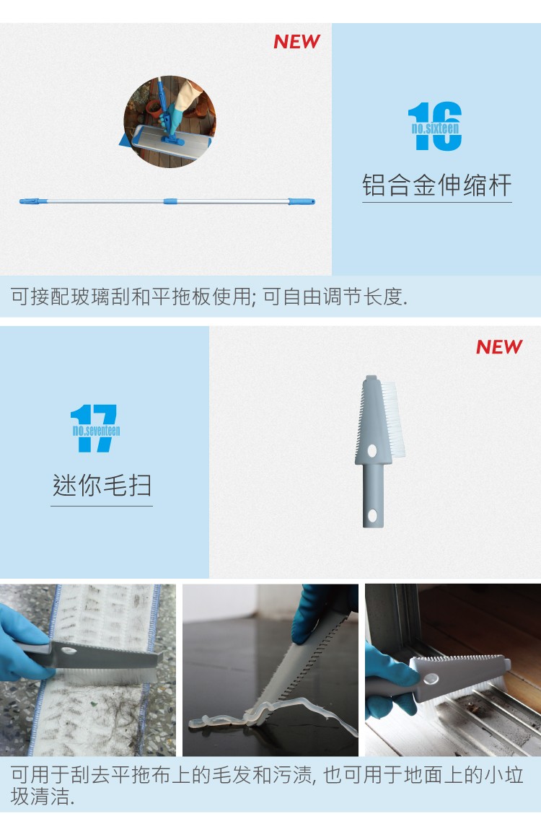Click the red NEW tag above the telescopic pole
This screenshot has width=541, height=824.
coord(296,42)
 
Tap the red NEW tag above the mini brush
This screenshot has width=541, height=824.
coord(498,347)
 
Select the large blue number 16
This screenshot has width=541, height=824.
coord(435,126)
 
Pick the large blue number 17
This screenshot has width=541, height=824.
coord(94,429)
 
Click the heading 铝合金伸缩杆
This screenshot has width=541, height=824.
coord(436,185)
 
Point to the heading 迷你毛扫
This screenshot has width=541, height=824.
coord(102,485)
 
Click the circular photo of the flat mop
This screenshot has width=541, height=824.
coord(170,121)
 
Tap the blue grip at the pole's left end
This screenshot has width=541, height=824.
coord(33,201)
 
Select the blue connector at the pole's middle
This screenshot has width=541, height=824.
coord(170,201)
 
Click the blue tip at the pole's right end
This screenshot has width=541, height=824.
coord(302,201)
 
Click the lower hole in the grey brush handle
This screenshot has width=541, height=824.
coord(373,515)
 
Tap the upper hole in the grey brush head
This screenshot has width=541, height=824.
coord(371,451)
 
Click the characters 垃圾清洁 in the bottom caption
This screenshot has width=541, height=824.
coord(43,798)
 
